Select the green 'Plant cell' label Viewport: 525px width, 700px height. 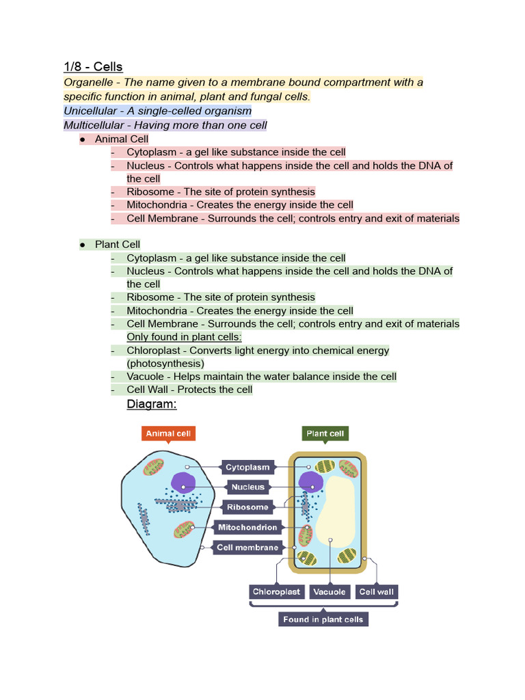[325, 434]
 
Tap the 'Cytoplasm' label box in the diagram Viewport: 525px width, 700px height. [247, 468]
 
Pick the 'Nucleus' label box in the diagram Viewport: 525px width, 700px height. [247, 487]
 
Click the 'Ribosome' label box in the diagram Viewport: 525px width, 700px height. [247, 507]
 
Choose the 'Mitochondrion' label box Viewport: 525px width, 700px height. [247, 527]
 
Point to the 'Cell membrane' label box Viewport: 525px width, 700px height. [247, 547]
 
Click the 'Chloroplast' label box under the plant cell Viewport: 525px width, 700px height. [276, 592]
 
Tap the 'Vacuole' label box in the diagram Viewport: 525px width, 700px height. [329, 592]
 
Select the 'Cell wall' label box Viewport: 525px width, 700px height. [377, 592]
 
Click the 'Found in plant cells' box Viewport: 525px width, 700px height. [323, 619]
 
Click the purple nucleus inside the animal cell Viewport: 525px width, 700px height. [183, 483]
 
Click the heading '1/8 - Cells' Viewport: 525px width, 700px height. [93, 66]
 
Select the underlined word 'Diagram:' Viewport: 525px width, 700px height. [152, 405]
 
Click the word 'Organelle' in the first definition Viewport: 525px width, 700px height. [88, 83]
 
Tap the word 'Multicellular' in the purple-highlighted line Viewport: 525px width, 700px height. [94, 125]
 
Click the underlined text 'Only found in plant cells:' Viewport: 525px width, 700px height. [185, 337]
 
